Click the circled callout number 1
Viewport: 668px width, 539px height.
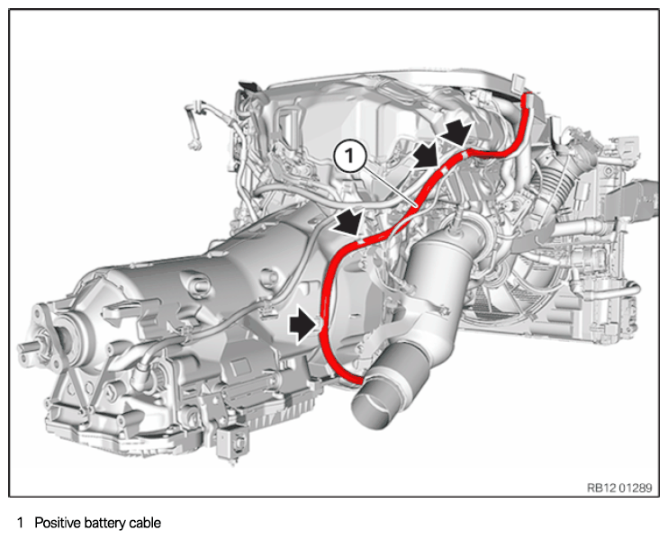click(x=350, y=157)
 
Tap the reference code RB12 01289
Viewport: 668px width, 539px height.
click(x=619, y=488)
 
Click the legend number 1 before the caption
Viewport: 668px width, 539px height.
click(x=20, y=523)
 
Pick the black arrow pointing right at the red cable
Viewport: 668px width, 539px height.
click(x=303, y=325)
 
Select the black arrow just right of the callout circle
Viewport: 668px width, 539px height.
click(x=428, y=157)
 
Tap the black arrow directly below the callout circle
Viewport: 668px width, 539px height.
click(x=348, y=221)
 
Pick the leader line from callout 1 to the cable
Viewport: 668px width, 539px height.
click(x=389, y=186)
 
